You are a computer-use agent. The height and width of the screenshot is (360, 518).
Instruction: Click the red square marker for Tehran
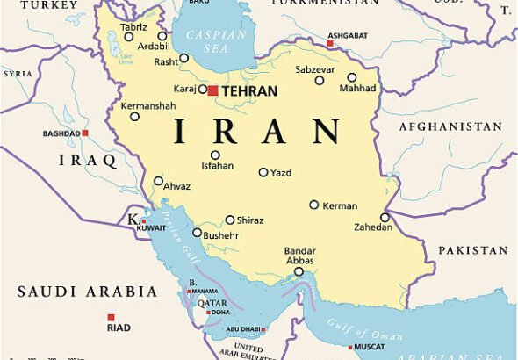point(212,90)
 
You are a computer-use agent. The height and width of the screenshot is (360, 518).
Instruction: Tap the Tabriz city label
point(134,26)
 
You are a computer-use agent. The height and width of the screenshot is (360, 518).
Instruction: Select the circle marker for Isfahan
point(215,155)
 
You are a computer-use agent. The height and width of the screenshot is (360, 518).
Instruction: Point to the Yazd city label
point(281,172)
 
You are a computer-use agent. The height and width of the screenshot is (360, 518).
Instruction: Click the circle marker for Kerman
point(313,205)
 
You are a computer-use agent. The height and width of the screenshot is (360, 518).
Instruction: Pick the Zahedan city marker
point(385,217)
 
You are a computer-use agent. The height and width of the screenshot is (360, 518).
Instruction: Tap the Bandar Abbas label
point(299,256)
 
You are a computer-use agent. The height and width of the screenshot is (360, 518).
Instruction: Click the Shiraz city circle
point(230,220)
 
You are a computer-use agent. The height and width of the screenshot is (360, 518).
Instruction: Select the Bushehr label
point(220,235)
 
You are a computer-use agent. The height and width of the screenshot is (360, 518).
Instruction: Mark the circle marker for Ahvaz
point(158,182)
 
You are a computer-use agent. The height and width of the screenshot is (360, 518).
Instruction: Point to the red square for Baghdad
point(85,133)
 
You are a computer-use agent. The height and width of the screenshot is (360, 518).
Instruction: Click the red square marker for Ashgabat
point(330,42)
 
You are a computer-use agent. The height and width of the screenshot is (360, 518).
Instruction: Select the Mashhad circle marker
point(352,77)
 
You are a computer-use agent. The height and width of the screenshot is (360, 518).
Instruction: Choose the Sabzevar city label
point(314,68)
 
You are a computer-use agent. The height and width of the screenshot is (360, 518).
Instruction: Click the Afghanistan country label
point(450,126)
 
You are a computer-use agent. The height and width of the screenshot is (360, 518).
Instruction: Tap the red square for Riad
point(111,317)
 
